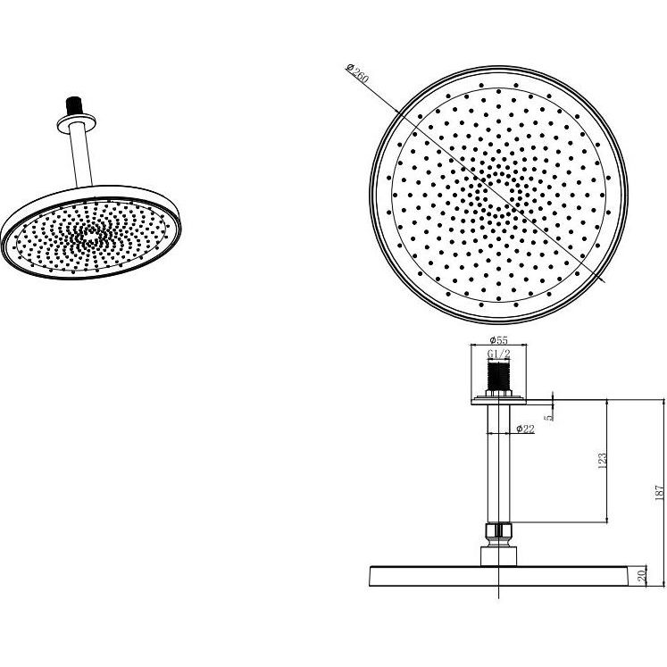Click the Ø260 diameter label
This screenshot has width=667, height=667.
pyautogui.click(x=358, y=73)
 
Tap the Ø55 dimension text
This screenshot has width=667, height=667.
pyautogui.click(x=498, y=340)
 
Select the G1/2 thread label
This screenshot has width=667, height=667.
pyautogui.click(x=498, y=354)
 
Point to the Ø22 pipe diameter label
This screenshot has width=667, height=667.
pyautogui.click(x=525, y=429)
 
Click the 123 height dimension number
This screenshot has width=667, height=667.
pyautogui.click(x=603, y=461)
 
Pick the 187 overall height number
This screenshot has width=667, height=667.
pyautogui.click(x=659, y=492)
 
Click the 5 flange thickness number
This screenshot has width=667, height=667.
pyautogui.click(x=551, y=417)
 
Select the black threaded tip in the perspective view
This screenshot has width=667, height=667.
pyautogui.click(x=73, y=105)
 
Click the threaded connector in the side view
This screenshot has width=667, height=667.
pyautogui.click(x=498, y=377)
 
